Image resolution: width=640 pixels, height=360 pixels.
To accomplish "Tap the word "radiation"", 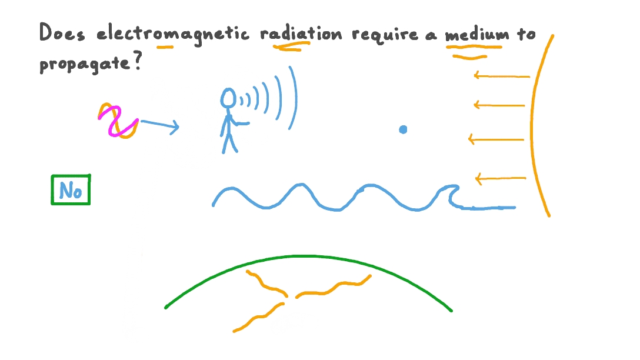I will [x=301, y=34].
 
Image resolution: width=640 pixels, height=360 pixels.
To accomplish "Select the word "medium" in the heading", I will [x=476, y=35].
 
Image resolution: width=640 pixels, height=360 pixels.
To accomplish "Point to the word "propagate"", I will [x=82, y=64].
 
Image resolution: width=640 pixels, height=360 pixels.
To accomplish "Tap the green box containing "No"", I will [x=71, y=190].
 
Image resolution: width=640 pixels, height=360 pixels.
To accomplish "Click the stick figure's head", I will [x=228, y=98].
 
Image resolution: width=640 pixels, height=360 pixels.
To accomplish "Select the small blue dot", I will [x=403, y=129].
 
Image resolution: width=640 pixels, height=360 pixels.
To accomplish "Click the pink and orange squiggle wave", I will [x=118, y=121].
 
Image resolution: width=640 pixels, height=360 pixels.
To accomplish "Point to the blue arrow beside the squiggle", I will [x=160, y=125].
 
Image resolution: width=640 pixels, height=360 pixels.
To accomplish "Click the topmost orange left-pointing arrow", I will [x=501, y=75].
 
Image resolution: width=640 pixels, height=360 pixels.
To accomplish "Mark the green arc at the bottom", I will [x=306, y=258].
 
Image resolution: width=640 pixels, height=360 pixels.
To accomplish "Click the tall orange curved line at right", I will [x=534, y=124].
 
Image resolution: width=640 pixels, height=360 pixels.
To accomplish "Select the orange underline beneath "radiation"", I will [x=288, y=48].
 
